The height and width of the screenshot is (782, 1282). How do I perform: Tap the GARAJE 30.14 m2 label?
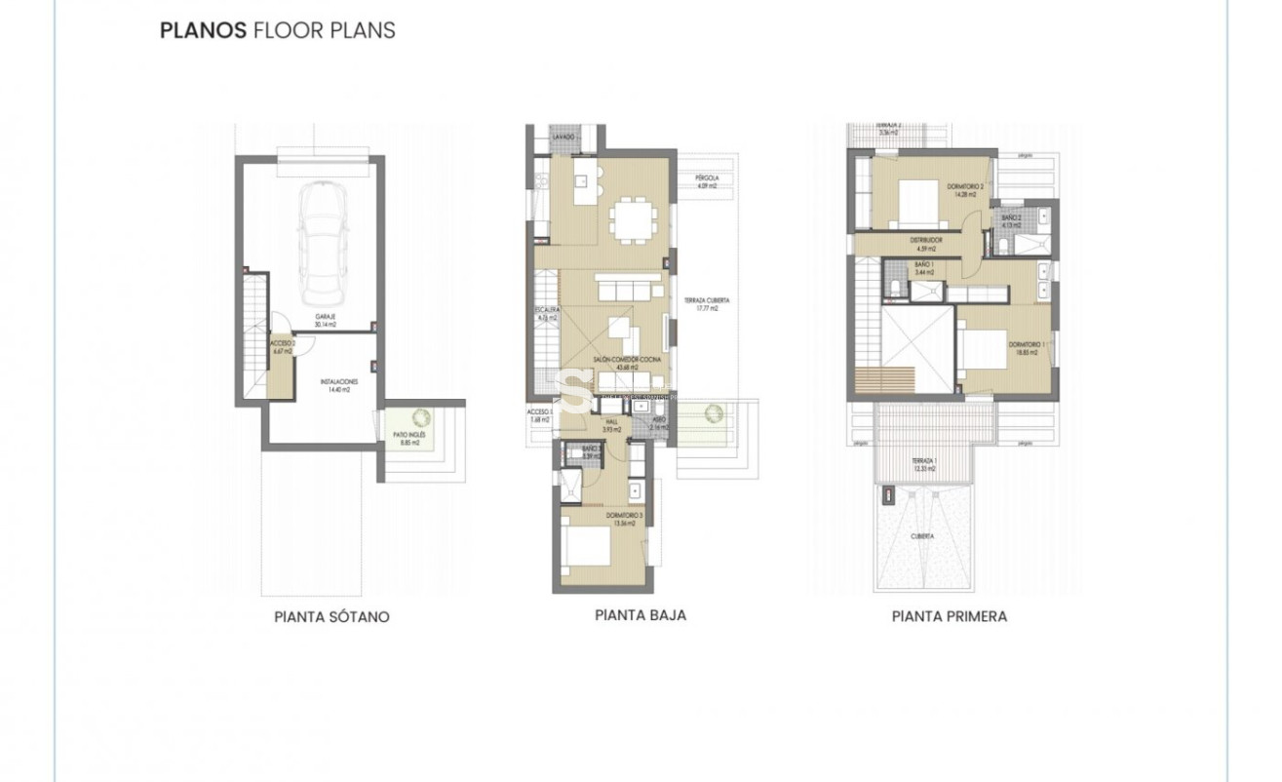325,321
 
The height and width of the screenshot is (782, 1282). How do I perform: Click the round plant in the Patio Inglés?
422,417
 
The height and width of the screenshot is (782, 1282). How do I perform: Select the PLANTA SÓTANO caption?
331,617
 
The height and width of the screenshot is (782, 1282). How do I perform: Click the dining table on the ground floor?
635,218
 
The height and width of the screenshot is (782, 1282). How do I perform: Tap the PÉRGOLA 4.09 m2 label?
707,182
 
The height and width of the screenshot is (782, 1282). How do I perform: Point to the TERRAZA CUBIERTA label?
707,304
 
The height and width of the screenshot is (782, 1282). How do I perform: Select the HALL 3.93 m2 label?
611,425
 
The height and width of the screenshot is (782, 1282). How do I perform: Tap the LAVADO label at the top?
564,138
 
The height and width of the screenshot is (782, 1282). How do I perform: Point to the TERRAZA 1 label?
924,464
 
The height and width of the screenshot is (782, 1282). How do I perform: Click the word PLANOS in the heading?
203,30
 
